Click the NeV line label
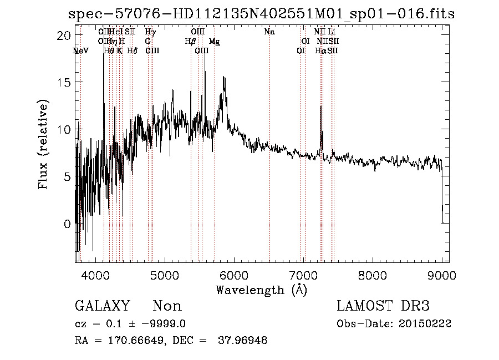[x=80, y=50]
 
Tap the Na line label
[x=269, y=32]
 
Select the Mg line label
[x=214, y=42]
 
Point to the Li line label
[x=332, y=32]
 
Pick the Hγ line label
[x=150, y=32]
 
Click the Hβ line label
[x=190, y=42]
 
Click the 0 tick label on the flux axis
[x=67, y=224]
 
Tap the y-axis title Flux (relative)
[x=44, y=145]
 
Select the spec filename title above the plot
[x=261, y=14]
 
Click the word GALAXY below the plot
[x=102, y=306]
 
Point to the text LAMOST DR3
[x=383, y=306]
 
